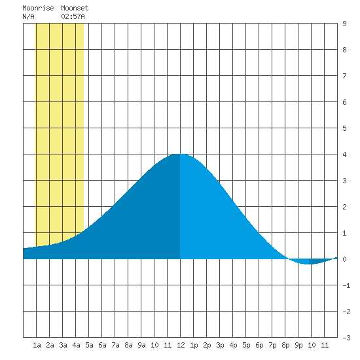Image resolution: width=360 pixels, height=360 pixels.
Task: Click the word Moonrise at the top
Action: tap(38, 8)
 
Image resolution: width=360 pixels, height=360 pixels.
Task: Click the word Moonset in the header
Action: tap(75, 8)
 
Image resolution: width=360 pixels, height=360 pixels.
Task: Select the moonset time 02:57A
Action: tap(73, 16)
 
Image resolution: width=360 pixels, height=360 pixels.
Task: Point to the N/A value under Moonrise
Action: tap(28, 16)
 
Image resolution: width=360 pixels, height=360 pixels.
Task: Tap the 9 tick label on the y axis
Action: tap(344, 24)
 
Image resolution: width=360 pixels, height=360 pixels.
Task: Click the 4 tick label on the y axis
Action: tap(344, 154)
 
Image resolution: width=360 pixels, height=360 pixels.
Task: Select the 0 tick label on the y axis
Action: tap(344, 259)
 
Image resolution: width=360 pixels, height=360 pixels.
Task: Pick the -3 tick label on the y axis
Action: tap(346, 338)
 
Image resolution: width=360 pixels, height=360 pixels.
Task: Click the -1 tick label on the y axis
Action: tap(346, 285)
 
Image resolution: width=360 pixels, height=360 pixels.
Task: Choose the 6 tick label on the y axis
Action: tap(344, 102)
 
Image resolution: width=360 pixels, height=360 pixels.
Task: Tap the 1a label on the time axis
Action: tap(37, 345)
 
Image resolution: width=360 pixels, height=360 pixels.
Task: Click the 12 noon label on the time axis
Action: tap(181, 345)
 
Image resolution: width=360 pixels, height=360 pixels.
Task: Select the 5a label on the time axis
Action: tap(89, 345)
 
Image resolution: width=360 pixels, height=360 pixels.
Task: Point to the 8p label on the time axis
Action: tap(285, 345)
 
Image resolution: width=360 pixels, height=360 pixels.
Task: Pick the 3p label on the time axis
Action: tap(220, 345)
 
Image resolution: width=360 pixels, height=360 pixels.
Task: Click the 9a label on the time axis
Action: tap(141, 345)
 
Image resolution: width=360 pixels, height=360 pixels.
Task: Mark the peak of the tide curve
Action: tap(180, 154)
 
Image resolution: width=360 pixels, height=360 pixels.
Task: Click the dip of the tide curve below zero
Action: tap(309, 264)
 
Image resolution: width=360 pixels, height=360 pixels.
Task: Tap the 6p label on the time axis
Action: tap(259, 345)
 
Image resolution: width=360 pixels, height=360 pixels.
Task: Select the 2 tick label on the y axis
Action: tap(344, 207)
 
